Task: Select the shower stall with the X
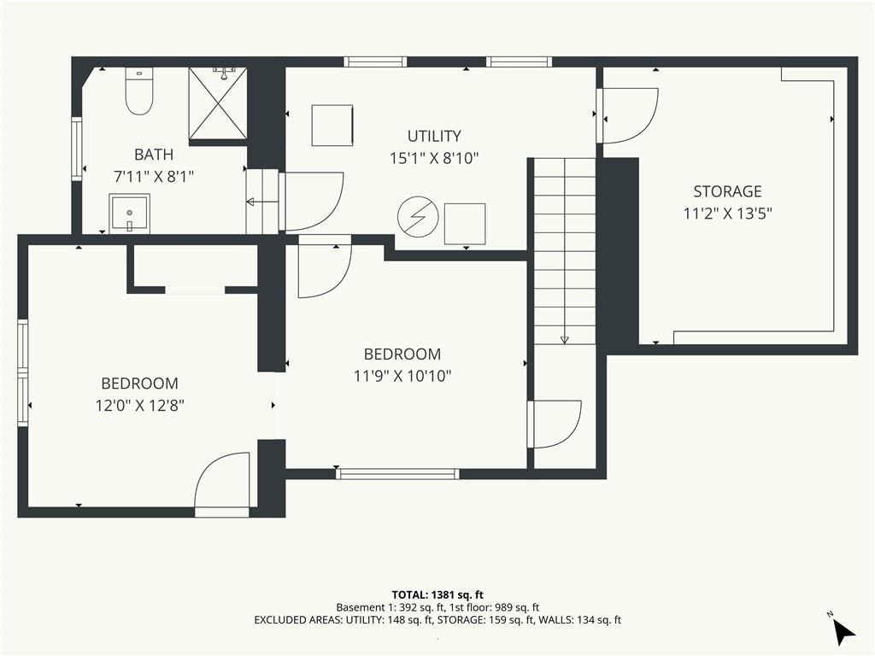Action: click(218, 103)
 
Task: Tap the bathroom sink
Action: click(130, 213)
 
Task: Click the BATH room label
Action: click(154, 155)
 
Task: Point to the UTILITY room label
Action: click(434, 136)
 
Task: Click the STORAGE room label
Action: click(728, 191)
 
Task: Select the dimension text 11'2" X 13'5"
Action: click(728, 213)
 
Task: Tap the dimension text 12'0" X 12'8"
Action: click(139, 405)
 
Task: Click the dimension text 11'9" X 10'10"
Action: click(402, 376)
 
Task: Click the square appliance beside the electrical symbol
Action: click(465, 224)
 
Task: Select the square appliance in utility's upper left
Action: click(332, 126)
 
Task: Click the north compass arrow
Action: click(843, 632)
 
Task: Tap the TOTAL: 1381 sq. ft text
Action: click(437, 594)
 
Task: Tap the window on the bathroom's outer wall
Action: click(77, 149)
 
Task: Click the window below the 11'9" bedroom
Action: click(398, 474)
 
